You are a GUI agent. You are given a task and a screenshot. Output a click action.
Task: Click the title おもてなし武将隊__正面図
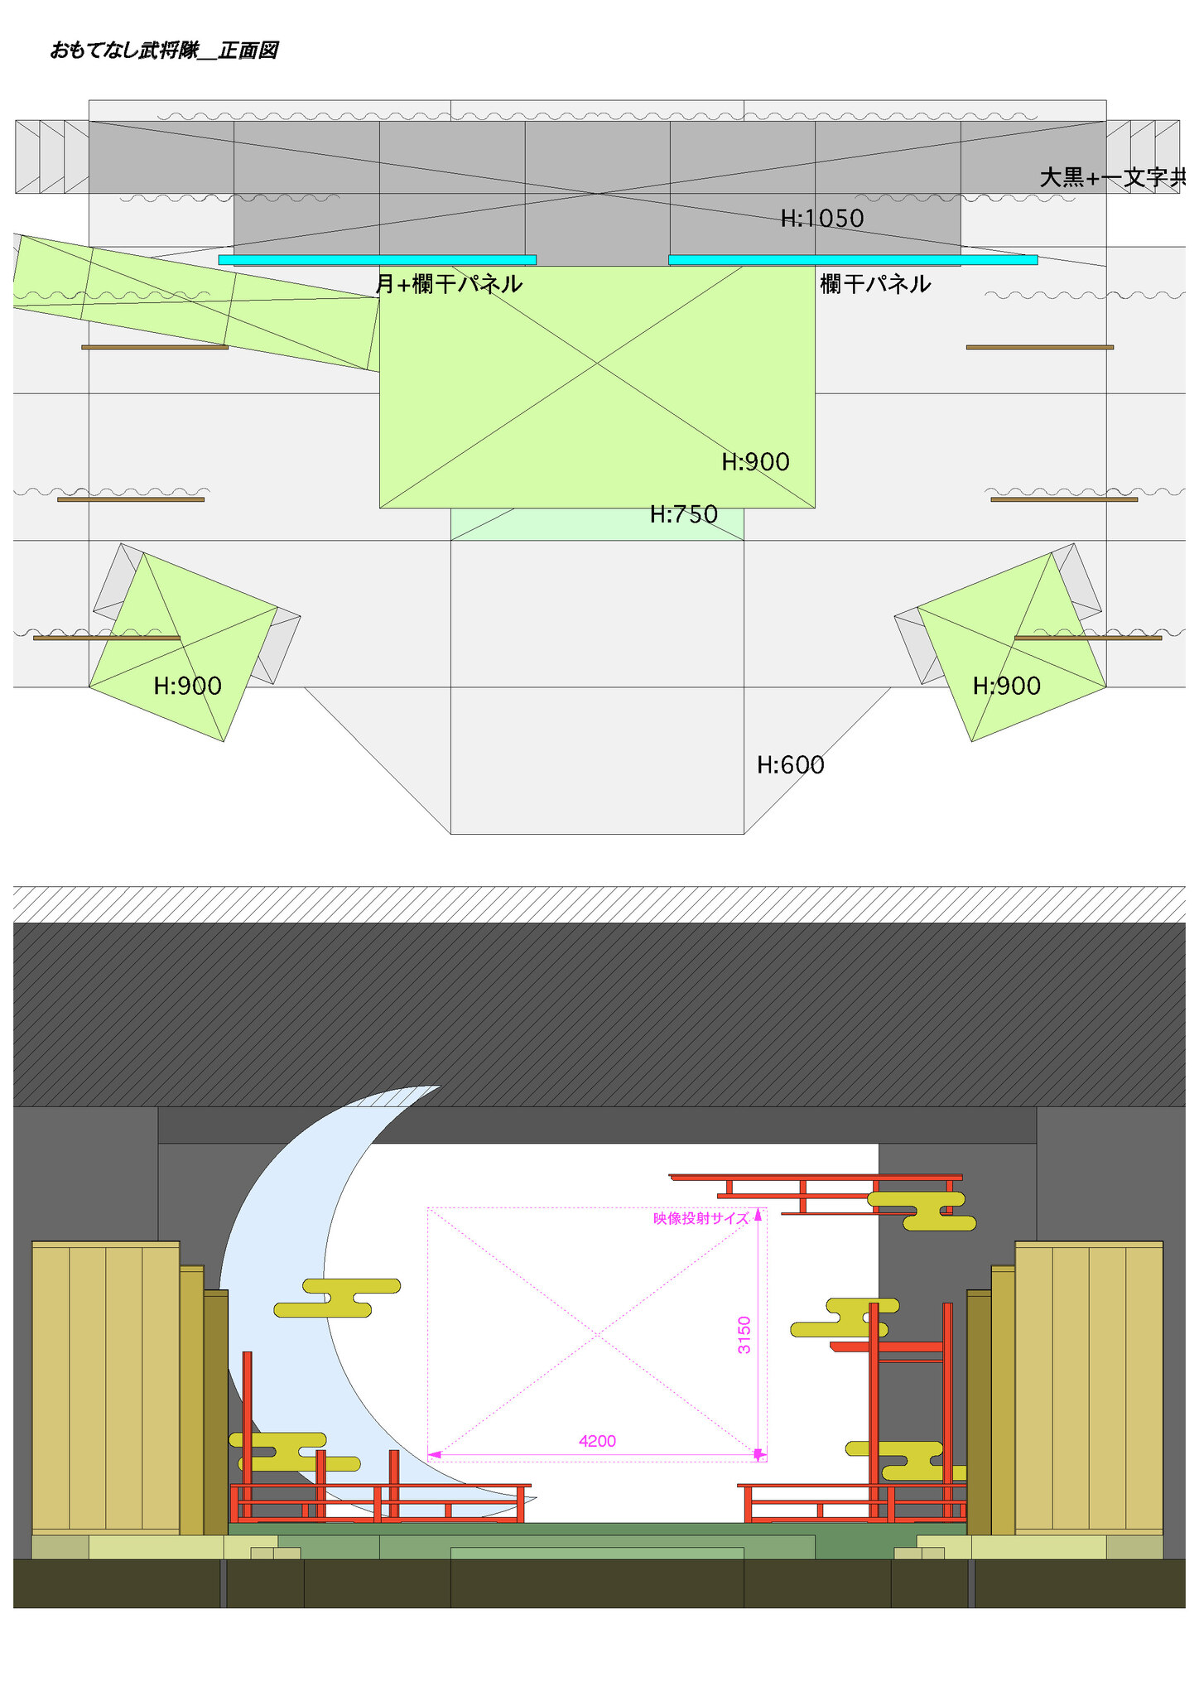click(164, 51)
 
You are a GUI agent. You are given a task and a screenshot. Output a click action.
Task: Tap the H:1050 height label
click(822, 219)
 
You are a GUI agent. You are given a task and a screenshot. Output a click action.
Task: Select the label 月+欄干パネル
click(449, 284)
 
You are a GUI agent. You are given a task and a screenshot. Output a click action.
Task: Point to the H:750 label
click(684, 514)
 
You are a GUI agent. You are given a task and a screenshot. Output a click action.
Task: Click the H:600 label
click(791, 764)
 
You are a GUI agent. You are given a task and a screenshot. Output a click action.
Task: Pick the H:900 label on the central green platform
click(755, 462)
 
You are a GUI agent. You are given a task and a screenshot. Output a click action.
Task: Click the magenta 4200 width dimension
click(597, 1441)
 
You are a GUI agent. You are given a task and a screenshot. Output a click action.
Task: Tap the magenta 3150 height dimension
click(744, 1335)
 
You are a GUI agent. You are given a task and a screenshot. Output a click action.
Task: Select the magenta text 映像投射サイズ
click(701, 1218)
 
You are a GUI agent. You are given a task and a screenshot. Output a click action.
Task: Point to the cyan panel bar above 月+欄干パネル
click(377, 260)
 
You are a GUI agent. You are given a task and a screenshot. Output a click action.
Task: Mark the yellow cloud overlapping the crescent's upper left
click(337, 1298)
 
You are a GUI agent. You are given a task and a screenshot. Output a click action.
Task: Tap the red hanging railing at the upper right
click(816, 1193)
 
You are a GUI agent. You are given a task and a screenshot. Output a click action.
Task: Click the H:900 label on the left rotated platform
click(188, 686)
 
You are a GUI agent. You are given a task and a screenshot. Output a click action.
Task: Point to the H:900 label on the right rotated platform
click(1007, 686)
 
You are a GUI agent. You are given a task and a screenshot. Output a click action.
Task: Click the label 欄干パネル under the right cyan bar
click(875, 284)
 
